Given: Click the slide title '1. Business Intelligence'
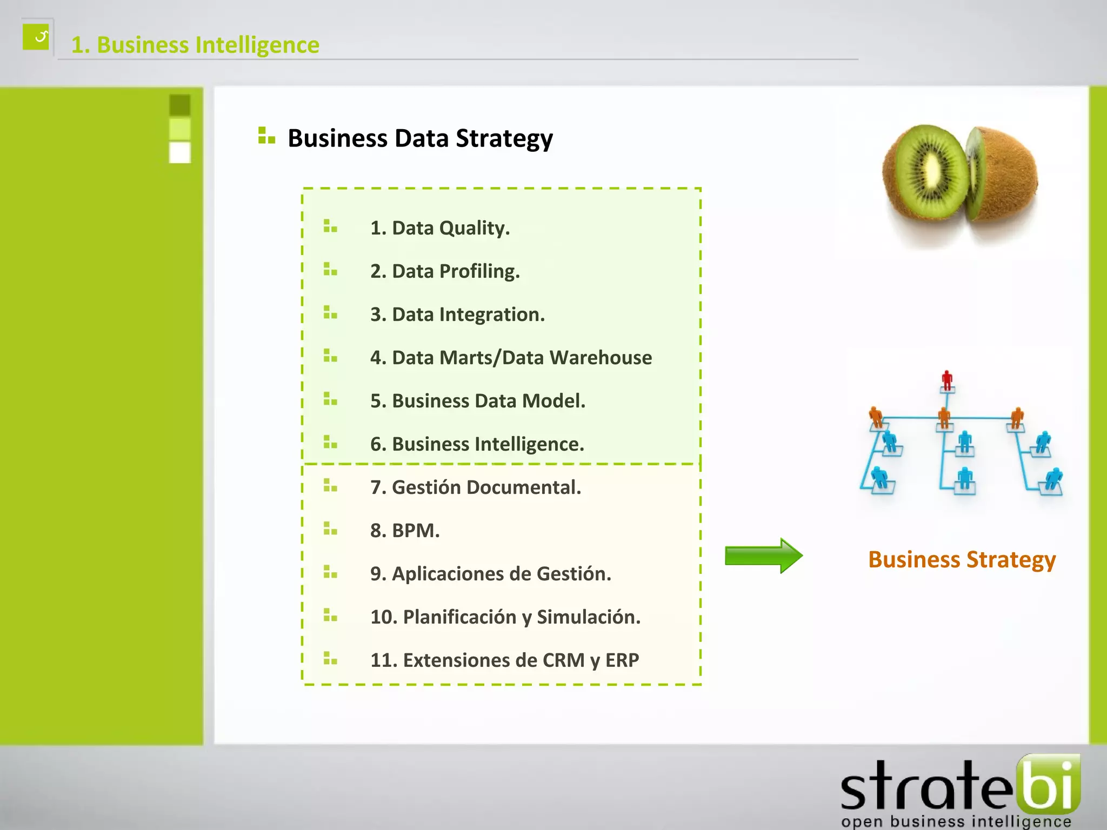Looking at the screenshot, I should click(195, 45).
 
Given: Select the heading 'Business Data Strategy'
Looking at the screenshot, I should click(420, 138).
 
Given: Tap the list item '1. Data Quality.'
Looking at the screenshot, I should click(440, 228).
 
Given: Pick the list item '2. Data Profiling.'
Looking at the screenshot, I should click(445, 271).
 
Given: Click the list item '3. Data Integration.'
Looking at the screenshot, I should click(457, 314).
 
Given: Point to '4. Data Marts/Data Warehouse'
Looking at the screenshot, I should click(511, 358).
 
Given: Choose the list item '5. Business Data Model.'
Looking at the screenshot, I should click(478, 401).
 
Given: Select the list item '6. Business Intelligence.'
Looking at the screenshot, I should click(477, 444).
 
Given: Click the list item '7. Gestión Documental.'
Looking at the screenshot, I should click(476, 487).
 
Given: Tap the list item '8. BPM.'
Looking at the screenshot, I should click(405, 531).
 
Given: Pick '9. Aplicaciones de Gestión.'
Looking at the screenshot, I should click(491, 574).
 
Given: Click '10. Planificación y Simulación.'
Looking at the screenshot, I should click(505, 617).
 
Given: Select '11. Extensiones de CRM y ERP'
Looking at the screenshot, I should click(504, 660).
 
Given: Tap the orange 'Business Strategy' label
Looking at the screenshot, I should click(962, 560).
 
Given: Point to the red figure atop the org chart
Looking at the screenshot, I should click(946, 379).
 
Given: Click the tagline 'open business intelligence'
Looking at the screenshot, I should click(956, 821).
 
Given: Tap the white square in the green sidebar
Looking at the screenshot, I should click(180, 152).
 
